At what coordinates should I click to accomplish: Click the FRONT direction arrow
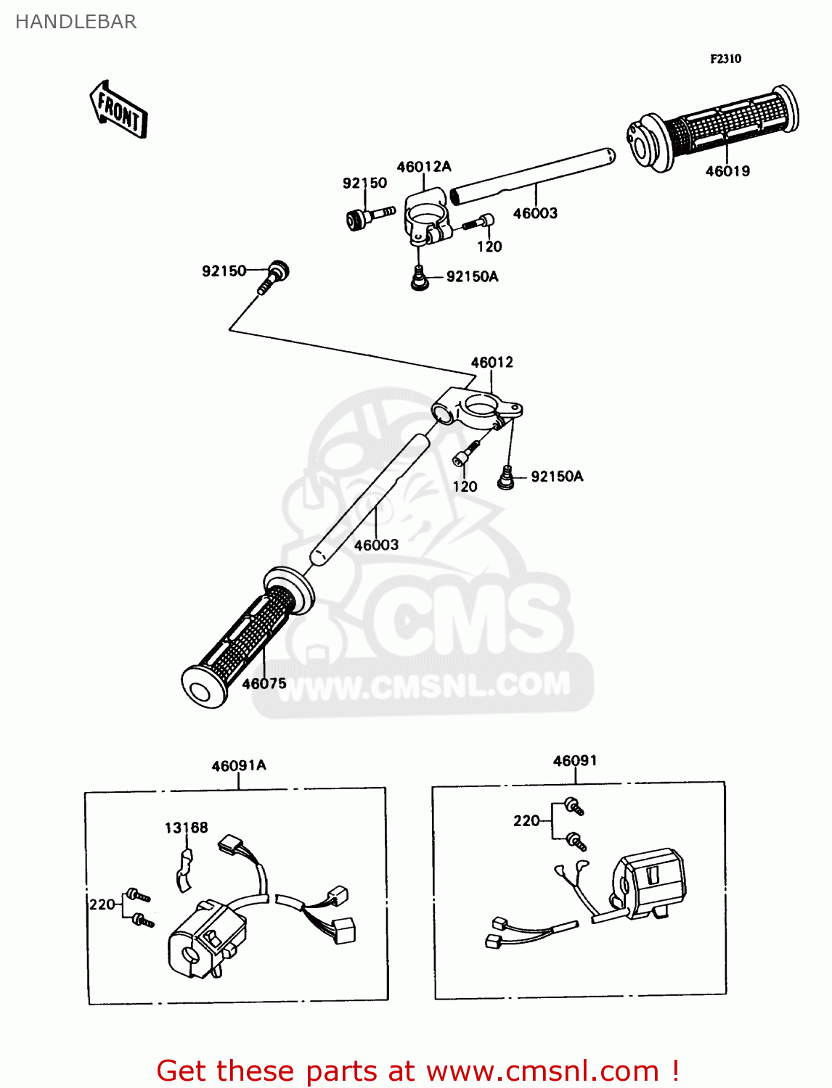[118, 111]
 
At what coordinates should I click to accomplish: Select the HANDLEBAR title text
[76, 22]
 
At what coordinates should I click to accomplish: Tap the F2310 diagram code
[725, 59]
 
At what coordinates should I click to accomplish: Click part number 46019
[727, 171]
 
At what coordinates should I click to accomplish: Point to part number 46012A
[423, 167]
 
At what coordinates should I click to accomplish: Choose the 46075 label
[264, 683]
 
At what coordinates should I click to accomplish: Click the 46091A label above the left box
[239, 765]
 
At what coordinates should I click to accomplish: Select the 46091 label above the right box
[575, 760]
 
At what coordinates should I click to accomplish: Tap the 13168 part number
[186, 828]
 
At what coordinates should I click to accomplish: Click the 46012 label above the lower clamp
[492, 362]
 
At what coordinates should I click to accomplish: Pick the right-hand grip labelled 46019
[715, 129]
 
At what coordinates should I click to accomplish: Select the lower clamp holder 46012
[476, 410]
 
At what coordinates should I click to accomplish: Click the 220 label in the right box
[526, 820]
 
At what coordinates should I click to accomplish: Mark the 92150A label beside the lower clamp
[557, 476]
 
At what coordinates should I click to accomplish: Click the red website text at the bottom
[417, 1071]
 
